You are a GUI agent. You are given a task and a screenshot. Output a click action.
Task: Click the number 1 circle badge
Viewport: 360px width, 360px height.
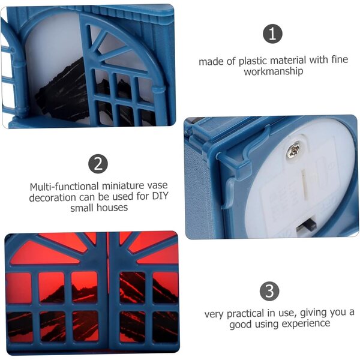[x=272, y=34]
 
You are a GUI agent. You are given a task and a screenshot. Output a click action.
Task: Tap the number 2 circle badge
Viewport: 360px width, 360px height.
[x=98, y=164]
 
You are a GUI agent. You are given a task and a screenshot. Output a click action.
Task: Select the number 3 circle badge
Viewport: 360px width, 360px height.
[x=269, y=291]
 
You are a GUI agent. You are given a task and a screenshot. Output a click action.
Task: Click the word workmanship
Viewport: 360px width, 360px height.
[x=274, y=71]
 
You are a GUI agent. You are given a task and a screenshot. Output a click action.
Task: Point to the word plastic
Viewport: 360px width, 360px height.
[x=253, y=61]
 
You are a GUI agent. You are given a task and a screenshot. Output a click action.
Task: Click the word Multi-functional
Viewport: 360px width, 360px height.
[x=64, y=187]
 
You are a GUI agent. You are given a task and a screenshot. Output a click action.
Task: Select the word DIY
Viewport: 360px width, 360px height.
[x=160, y=196]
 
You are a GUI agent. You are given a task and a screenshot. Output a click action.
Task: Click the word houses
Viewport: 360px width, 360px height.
[x=112, y=208]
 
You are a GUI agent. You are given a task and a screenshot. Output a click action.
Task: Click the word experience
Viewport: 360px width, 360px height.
[x=306, y=323]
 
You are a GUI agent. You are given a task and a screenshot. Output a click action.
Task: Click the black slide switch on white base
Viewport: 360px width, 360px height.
[x=307, y=226]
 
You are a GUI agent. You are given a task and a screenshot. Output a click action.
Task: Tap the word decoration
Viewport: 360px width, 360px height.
[x=52, y=197]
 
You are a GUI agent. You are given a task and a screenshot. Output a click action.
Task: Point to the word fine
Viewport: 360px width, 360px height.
[x=340, y=59]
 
